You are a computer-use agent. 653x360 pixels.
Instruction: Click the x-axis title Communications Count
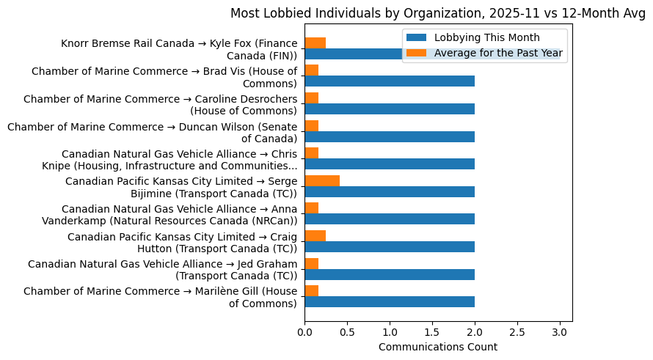[x=438, y=347]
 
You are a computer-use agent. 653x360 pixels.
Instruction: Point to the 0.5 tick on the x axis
[x=347, y=331]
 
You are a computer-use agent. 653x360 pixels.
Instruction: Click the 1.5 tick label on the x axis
[x=432, y=331]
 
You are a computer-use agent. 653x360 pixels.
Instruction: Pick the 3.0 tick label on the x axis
[x=560, y=331]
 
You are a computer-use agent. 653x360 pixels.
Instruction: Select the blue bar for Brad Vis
[x=390, y=81]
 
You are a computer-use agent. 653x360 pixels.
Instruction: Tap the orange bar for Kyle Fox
[x=315, y=43]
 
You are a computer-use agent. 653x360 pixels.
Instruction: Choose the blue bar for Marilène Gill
[x=390, y=301]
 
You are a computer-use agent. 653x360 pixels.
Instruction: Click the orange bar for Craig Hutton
[x=315, y=235]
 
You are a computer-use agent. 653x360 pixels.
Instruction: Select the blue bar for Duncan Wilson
[x=390, y=136]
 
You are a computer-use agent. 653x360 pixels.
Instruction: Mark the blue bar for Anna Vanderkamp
[x=390, y=218]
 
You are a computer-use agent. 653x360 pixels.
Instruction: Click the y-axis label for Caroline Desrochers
[x=161, y=105]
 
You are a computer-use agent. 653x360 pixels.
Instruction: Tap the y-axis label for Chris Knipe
[x=180, y=160]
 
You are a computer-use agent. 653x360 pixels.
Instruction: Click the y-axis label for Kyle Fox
[x=180, y=50]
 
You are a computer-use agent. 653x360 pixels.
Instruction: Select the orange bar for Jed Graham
[x=312, y=263]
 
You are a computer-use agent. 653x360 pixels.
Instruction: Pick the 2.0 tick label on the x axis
[x=475, y=331]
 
